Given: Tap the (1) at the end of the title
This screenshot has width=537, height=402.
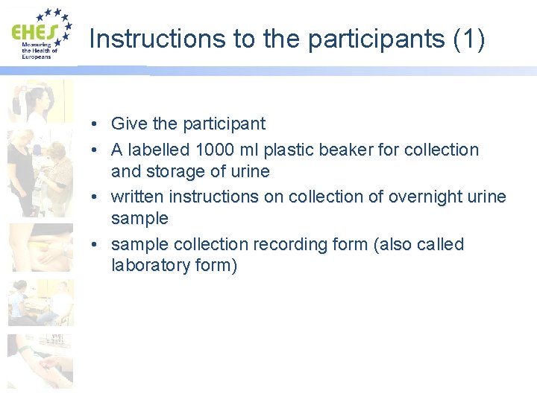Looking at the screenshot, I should point(468,39).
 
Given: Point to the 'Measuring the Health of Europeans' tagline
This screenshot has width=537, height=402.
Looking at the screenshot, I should point(38,51).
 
